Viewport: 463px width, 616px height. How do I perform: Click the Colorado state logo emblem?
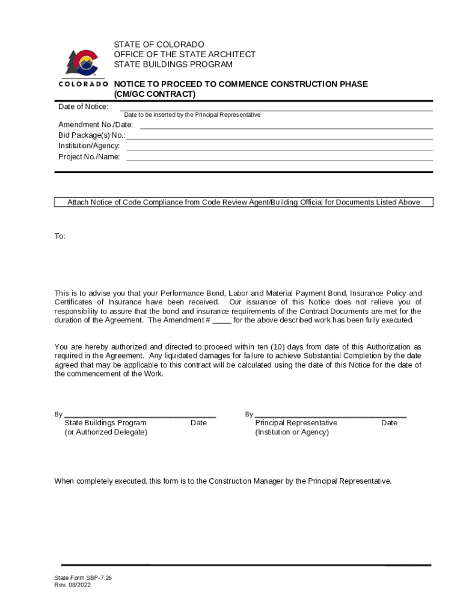click(83, 63)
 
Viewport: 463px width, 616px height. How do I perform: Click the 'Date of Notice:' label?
click(83, 106)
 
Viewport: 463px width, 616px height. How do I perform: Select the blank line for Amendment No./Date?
click(286, 128)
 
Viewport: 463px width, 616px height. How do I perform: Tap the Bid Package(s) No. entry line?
click(280, 138)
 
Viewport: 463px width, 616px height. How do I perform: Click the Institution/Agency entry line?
click(280, 149)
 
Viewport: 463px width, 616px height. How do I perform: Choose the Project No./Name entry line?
click(280, 159)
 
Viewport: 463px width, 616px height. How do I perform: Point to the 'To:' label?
click(60, 236)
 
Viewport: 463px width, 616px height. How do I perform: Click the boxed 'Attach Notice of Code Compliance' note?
click(244, 203)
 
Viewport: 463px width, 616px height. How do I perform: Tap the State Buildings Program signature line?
click(140, 416)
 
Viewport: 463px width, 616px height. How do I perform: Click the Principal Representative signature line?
click(331, 416)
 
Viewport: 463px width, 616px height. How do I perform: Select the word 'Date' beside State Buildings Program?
click(198, 423)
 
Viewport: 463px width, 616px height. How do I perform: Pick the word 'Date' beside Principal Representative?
click(389, 423)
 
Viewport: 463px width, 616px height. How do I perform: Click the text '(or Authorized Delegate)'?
click(105, 433)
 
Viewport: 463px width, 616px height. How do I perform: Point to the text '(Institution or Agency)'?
click(292, 433)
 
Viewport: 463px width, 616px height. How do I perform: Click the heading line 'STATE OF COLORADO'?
click(159, 45)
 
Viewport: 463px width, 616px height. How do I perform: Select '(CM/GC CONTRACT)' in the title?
click(155, 94)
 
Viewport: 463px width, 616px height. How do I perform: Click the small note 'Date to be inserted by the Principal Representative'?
click(192, 114)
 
